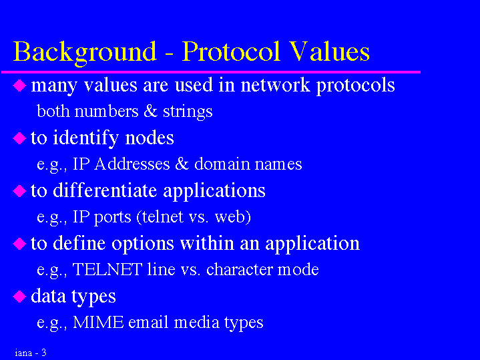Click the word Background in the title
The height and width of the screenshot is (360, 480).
[85, 53]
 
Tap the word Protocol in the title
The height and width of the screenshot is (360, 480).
[231, 51]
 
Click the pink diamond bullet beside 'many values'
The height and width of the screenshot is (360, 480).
[19, 85]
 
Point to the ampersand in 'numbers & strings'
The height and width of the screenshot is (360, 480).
[150, 111]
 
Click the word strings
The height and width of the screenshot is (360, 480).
[188, 112]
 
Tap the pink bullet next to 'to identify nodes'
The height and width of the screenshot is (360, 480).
[19, 138]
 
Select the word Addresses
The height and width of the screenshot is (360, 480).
[132, 164]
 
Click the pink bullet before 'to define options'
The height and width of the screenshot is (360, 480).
[19, 244]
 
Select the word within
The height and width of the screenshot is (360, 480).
[207, 243]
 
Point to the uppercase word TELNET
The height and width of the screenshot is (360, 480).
[107, 270]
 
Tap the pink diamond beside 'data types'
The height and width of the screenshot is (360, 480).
[19, 297]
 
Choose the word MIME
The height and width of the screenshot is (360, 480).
[99, 323]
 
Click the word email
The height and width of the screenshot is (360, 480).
[148, 323]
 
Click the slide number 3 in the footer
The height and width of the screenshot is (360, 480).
[44, 353]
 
